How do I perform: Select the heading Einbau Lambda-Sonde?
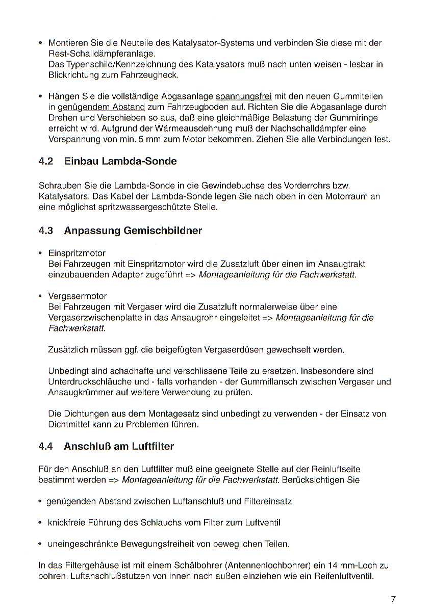[x=120, y=162]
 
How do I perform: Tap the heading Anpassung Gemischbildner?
[x=133, y=230]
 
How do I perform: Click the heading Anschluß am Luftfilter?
[x=119, y=446]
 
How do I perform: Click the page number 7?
[x=393, y=600]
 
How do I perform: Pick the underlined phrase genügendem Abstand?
[x=102, y=107]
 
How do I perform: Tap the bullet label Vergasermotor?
[x=78, y=296]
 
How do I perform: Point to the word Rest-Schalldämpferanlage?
[x=101, y=53]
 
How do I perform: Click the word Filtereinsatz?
[x=268, y=501]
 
